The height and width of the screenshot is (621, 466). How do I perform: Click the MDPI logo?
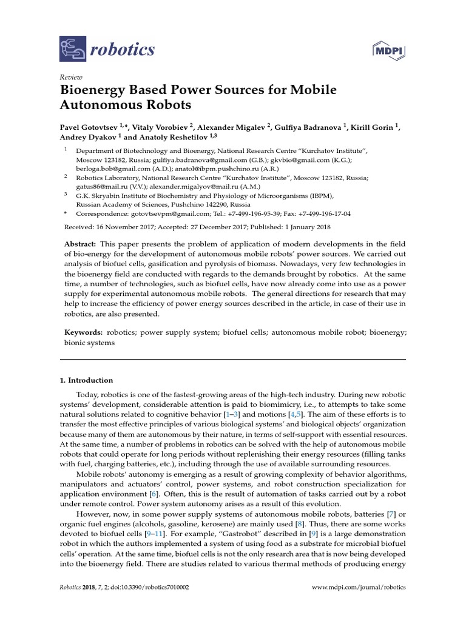(388, 50)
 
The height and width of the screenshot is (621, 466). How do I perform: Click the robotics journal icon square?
(73, 49)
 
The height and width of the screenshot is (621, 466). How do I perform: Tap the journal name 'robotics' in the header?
(122, 50)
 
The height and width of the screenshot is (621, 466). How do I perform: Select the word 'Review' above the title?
(70, 78)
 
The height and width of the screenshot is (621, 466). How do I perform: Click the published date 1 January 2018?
(286, 229)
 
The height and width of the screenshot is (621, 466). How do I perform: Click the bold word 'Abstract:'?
(83, 243)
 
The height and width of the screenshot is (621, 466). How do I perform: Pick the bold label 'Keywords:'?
(84, 333)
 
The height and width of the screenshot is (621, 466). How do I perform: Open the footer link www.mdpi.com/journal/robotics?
(359, 588)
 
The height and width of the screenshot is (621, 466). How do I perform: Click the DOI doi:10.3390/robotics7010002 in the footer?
(146, 588)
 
